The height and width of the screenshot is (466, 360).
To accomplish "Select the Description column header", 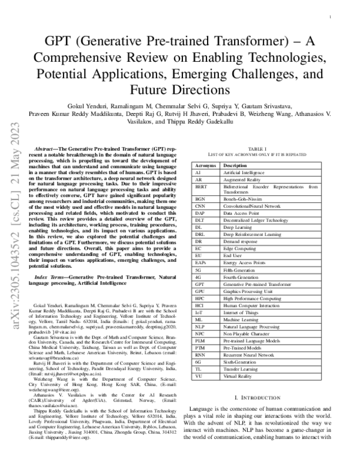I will (x=236, y=165).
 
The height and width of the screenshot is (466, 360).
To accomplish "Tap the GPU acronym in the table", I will (x=200, y=289).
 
